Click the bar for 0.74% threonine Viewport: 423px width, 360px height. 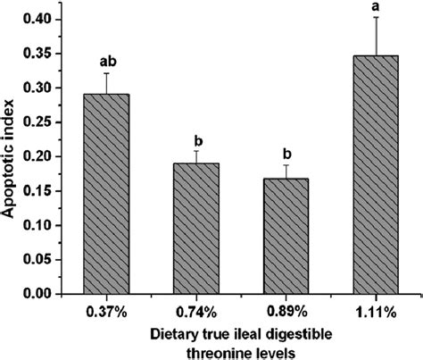click(x=191, y=229)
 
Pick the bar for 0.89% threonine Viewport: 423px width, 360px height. click(x=273, y=236)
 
